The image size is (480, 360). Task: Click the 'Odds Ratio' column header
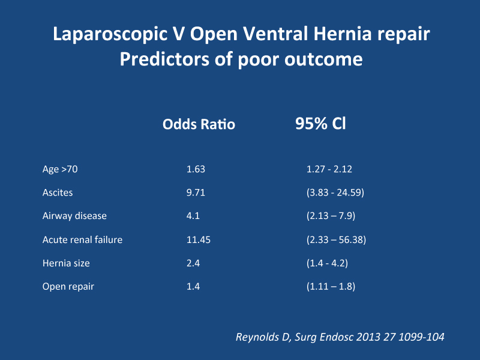[199, 124]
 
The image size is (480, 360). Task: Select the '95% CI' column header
[320, 124]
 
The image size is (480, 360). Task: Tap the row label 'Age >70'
[60, 169]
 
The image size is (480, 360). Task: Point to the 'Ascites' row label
[58, 193]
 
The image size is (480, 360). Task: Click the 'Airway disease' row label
[74, 216]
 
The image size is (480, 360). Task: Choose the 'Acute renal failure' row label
[82, 239]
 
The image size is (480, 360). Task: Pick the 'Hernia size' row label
[66, 263]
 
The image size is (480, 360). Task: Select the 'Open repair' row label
[68, 287]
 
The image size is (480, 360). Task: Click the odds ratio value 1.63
[196, 169]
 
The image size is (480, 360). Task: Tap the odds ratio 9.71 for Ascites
[196, 193]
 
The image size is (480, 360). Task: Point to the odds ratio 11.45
[199, 239]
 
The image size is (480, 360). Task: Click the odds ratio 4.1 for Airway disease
[193, 216]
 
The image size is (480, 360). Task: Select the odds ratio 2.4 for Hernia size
[193, 263]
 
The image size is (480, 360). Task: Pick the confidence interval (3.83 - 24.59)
[335, 193]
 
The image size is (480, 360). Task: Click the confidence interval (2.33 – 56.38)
[337, 239]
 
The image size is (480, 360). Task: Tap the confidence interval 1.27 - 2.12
[329, 169]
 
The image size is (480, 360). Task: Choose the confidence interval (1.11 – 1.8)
[331, 287]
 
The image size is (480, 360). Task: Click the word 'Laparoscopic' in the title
[110, 34]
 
